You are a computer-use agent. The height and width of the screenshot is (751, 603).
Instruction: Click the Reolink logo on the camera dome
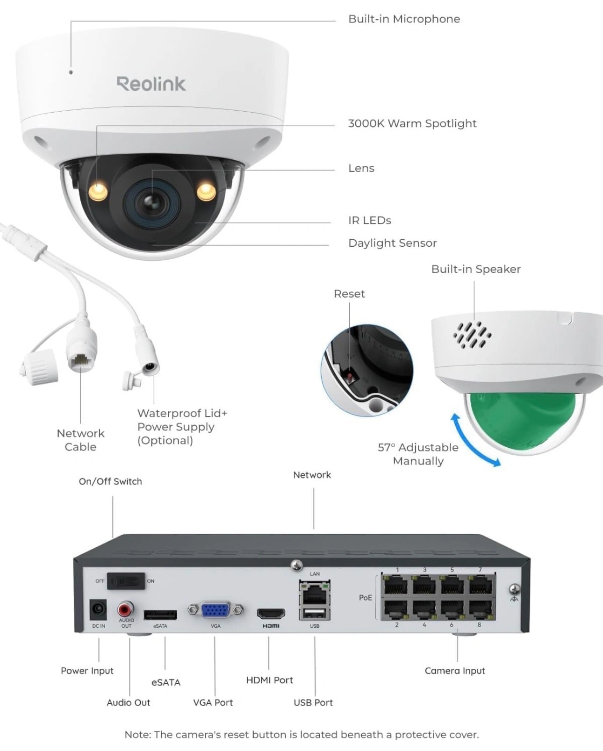tap(151, 84)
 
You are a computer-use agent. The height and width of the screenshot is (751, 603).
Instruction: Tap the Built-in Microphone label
tap(404, 19)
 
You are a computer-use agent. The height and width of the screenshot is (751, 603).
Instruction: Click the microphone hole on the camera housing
tap(71, 72)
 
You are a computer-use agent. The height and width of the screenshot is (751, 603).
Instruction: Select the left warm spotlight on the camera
tap(98, 192)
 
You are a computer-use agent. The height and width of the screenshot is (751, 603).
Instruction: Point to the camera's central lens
tap(152, 203)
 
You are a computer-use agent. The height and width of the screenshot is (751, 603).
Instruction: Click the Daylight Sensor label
tap(393, 243)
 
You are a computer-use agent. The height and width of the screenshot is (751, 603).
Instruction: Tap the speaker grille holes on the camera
tap(472, 335)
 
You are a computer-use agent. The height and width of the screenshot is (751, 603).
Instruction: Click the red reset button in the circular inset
tap(349, 377)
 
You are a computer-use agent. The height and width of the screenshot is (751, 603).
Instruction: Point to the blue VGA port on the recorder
tap(215, 610)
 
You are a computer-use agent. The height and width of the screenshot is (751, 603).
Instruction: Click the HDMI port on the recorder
tap(271, 613)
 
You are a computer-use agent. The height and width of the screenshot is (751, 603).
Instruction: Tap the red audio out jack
tap(125, 609)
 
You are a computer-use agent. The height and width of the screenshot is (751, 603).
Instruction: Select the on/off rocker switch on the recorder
tap(126, 581)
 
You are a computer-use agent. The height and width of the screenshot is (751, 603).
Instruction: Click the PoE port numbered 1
tap(396, 585)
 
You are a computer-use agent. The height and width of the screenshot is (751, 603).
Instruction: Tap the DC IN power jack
tap(98, 610)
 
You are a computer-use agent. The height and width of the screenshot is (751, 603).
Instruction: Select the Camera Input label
tap(455, 671)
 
